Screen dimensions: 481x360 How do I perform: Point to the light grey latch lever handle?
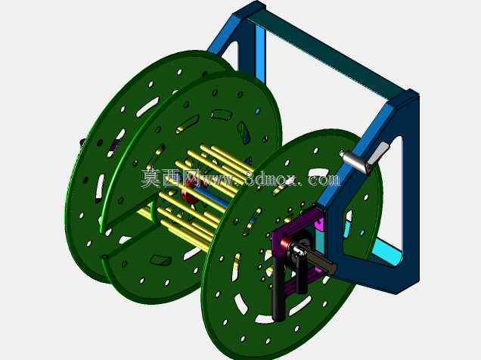(x=378, y=154)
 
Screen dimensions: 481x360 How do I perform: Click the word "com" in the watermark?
(x=324, y=178)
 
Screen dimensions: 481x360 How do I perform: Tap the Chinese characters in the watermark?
(x=169, y=178)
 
